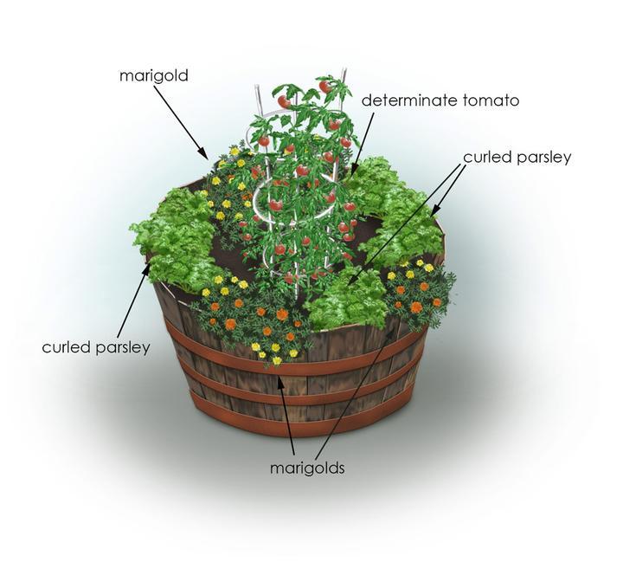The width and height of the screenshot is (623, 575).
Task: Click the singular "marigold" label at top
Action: click(154, 76)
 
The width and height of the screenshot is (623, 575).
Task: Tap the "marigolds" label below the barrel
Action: click(307, 468)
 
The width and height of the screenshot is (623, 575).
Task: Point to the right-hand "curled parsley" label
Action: click(517, 158)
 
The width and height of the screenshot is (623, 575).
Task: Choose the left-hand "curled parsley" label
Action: click(96, 347)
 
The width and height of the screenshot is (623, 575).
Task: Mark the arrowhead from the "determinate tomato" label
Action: click(352, 173)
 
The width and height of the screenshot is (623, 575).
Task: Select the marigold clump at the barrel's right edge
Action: click(420, 290)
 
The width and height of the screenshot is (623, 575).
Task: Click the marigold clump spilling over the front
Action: click(251, 320)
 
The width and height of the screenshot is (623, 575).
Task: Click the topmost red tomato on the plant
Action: click(324, 87)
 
